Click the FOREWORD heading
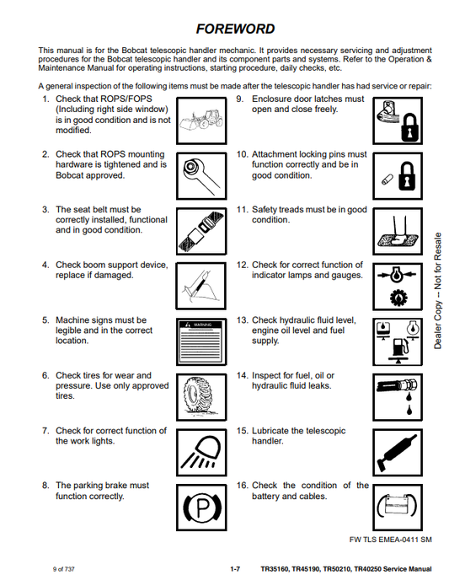click(235, 29)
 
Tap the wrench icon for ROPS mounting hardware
click(201, 176)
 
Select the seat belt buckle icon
click(201, 231)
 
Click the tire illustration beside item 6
click(201, 397)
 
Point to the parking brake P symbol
click(201, 508)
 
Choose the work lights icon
click(201, 453)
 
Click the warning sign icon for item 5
click(201, 341)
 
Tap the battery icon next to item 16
click(398, 508)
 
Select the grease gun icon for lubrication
click(398, 453)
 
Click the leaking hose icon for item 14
click(398, 397)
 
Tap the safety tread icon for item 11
click(398, 231)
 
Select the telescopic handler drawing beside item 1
click(201, 121)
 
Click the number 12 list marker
click(242, 266)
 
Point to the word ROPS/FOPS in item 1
click(126, 99)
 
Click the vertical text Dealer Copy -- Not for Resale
click(437, 291)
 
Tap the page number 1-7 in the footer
click(235, 569)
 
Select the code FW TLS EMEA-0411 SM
click(390, 540)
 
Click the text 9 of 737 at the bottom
click(63, 569)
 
